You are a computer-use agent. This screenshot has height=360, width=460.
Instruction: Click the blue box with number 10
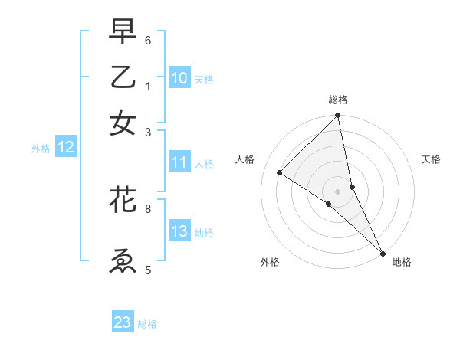click(x=179, y=78)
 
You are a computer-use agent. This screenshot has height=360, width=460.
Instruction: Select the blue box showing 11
click(x=179, y=162)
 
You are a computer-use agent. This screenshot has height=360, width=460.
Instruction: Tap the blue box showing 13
click(x=179, y=231)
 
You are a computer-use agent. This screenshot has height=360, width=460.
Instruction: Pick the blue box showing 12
click(x=66, y=148)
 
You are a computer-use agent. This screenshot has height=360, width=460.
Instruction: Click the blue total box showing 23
click(x=123, y=322)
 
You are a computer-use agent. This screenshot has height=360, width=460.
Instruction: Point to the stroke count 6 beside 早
click(x=148, y=40)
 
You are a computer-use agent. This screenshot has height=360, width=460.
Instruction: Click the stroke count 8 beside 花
click(x=148, y=208)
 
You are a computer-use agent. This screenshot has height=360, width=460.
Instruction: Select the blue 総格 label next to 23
click(x=147, y=324)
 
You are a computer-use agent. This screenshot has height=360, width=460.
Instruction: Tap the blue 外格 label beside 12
click(x=41, y=149)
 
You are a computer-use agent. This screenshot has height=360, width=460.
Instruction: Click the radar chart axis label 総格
click(x=338, y=100)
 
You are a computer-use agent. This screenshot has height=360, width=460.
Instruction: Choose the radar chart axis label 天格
click(x=432, y=159)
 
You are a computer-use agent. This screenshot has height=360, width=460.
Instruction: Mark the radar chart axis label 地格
click(x=402, y=262)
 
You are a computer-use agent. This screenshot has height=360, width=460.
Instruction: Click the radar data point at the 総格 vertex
click(x=338, y=116)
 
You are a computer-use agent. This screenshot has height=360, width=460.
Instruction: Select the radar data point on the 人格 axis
click(x=280, y=173)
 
